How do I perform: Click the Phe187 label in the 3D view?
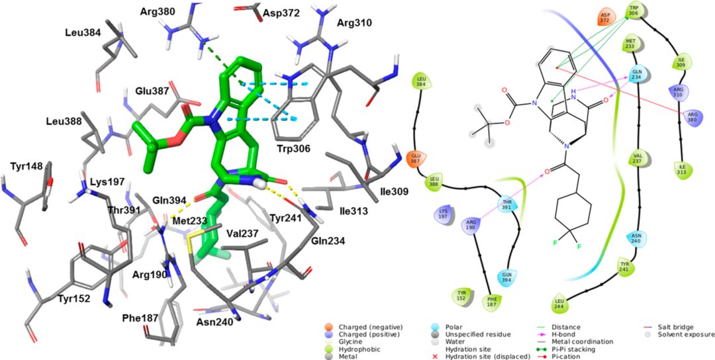coord(140,318)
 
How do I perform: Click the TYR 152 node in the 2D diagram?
coord(462,295)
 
